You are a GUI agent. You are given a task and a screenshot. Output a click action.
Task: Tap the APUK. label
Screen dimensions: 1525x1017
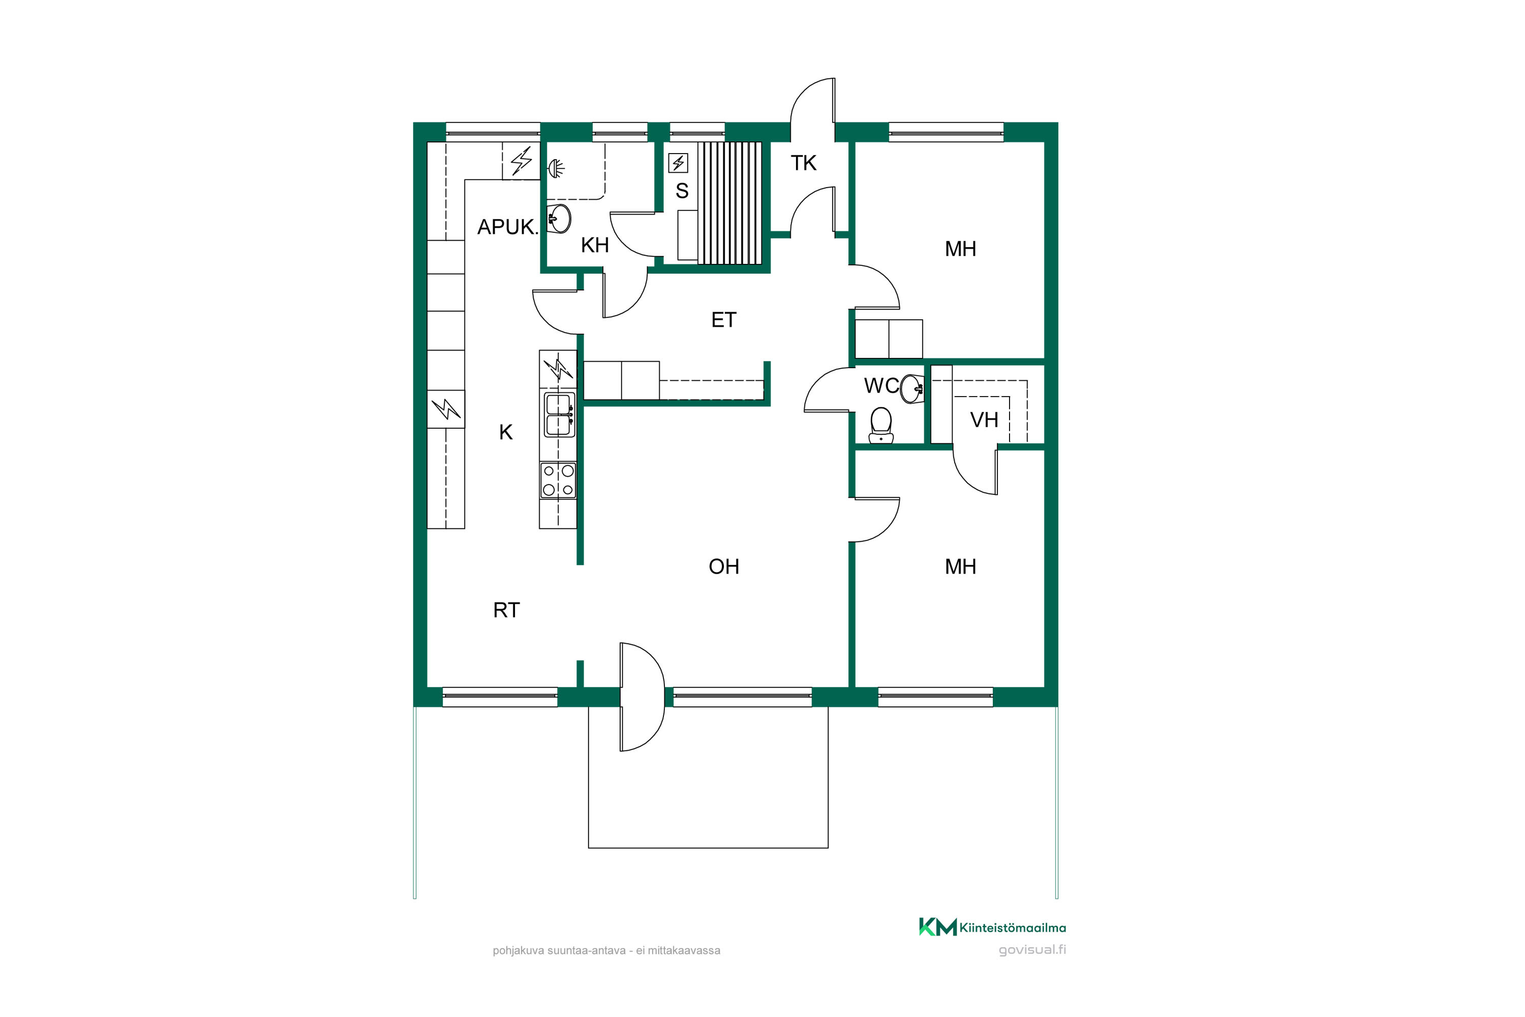click(x=508, y=227)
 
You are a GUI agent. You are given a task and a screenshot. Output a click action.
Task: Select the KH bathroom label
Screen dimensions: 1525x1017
click(x=595, y=245)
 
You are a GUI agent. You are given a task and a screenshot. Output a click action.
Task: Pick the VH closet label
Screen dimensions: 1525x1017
click(x=984, y=421)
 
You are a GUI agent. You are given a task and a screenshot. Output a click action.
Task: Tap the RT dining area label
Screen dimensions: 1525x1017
click(x=506, y=610)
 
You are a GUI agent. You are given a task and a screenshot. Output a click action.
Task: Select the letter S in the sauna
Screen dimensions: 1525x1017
click(x=682, y=191)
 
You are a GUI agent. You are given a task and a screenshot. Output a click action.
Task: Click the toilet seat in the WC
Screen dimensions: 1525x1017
click(x=881, y=425)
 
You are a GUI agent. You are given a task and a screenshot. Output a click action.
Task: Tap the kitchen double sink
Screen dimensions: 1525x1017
click(x=558, y=414)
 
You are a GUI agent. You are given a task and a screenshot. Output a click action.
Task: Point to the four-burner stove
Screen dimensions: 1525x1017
click(x=558, y=481)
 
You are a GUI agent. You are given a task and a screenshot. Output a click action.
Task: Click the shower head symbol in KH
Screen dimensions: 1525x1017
click(x=556, y=169)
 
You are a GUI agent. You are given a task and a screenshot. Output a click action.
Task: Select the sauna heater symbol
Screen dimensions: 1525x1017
click(x=678, y=163)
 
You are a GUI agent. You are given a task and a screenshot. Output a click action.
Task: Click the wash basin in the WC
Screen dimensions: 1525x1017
click(x=911, y=388)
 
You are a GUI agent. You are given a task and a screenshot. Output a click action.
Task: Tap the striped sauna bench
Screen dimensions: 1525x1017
click(x=729, y=203)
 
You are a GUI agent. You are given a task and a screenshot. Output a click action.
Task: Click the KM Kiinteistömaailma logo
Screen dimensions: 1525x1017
click(x=992, y=928)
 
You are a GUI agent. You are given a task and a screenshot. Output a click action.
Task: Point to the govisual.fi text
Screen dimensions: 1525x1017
click(x=1032, y=950)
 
